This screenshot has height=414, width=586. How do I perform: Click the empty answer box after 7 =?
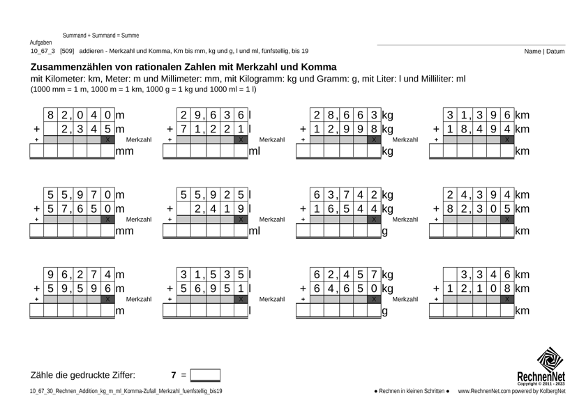pyautogui.click(x=205, y=375)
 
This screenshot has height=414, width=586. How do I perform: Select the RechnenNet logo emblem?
pyautogui.click(x=550, y=360)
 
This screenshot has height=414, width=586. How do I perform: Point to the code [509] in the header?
pyautogui.click(x=67, y=51)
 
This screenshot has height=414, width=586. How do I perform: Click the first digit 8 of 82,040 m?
pyautogui.click(x=51, y=115)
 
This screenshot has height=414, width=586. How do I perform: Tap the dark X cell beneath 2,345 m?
pyautogui.click(x=107, y=140)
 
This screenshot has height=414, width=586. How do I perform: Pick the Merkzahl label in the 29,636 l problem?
pyautogui.click(x=271, y=140)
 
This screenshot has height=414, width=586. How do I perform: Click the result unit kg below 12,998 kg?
pyautogui.click(x=387, y=151)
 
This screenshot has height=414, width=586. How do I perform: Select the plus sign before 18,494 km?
pyautogui.click(x=435, y=129)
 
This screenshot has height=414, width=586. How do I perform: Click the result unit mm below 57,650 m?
pyautogui.click(x=125, y=231)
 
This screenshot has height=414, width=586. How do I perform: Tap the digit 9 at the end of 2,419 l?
pyautogui.click(x=241, y=208)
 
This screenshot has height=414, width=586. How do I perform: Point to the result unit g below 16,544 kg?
pyautogui.click(x=384, y=231)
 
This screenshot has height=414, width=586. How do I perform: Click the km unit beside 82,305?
pyautogui.click(x=522, y=208)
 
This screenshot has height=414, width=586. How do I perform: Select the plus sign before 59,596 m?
pyautogui.click(x=36, y=288)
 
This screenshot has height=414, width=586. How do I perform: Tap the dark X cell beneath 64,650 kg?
pyautogui.click(x=374, y=299)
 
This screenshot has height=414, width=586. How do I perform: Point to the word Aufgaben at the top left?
pyautogui.click(x=41, y=43)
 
